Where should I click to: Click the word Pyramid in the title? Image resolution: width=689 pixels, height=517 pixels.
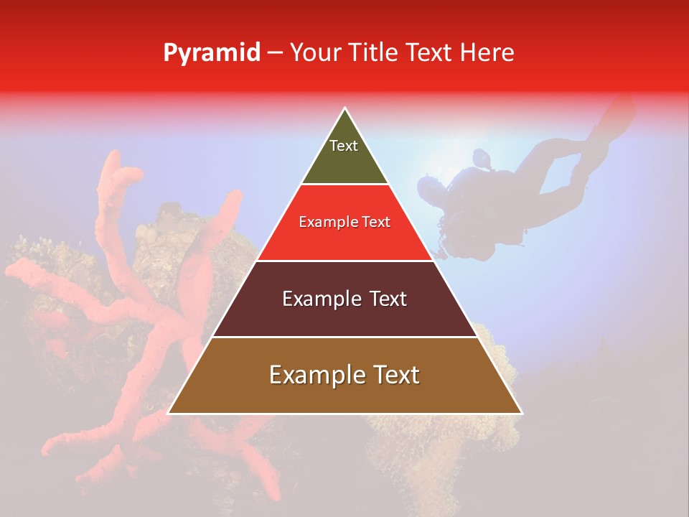[x=212, y=53]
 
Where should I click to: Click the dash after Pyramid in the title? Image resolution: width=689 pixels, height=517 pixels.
[x=275, y=54]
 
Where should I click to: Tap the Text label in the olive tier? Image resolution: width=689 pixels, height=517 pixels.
[x=344, y=146]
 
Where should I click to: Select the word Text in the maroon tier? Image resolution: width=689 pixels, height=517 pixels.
[x=389, y=299]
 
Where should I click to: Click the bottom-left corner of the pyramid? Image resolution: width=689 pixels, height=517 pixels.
[x=169, y=413]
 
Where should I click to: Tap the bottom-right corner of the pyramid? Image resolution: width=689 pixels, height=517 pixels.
[x=522, y=413]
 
